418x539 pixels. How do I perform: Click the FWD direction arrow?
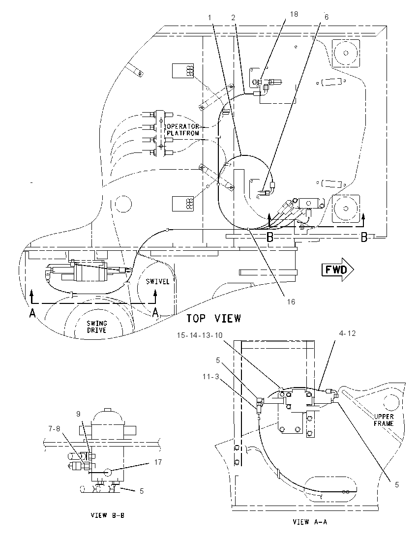(x=337, y=270)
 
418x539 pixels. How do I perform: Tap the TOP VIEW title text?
(x=213, y=319)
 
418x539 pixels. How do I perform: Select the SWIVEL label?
(x=157, y=281)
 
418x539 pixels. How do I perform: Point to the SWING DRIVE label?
(x=96, y=327)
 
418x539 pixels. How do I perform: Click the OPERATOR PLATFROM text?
(x=183, y=130)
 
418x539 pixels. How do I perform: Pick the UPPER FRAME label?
(x=384, y=420)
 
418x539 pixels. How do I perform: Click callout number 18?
(x=294, y=14)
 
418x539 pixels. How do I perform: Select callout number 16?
(x=291, y=302)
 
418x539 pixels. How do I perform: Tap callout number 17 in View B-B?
(x=158, y=462)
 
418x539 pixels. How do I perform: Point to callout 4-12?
(x=347, y=333)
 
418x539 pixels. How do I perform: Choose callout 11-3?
(x=210, y=377)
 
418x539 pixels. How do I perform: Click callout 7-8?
(x=54, y=429)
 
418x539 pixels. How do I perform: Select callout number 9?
(x=78, y=415)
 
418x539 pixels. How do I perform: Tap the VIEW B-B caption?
(x=108, y=515)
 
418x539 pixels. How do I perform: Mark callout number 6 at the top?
(x=326, y=17)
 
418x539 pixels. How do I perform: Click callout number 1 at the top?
(x=209, y=17)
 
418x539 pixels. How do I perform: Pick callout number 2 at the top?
(x=234, y=18)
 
